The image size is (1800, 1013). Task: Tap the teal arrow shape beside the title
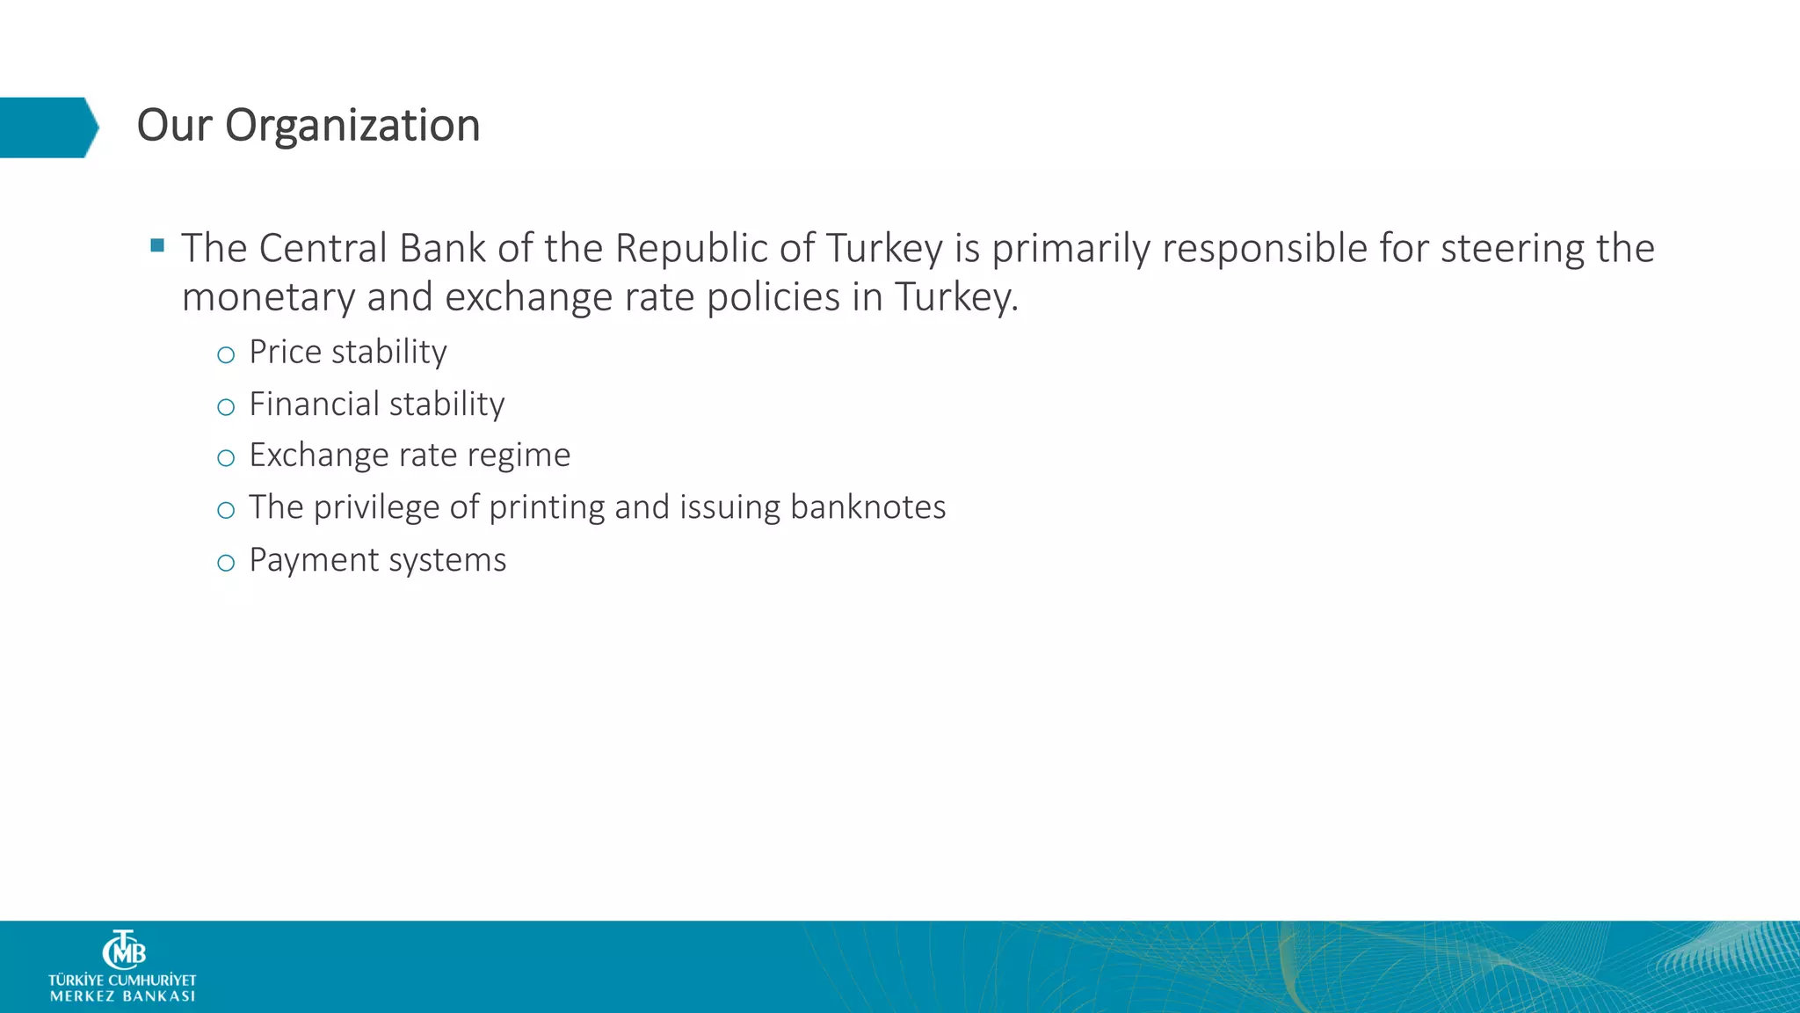click(x=48, y=128)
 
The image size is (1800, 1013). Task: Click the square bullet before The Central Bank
click(x=157, y=245)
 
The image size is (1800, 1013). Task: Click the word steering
click(x=1512, y=250)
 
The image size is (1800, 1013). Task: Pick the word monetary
click(x=268, y=297)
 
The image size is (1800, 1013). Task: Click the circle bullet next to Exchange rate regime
click(x=226, y=457)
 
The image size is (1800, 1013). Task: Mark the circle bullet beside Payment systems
click(x=226, y=563)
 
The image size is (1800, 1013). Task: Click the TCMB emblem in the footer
click(x=124, y=950)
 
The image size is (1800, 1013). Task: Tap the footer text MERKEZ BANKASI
click(x=123, y=996)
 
